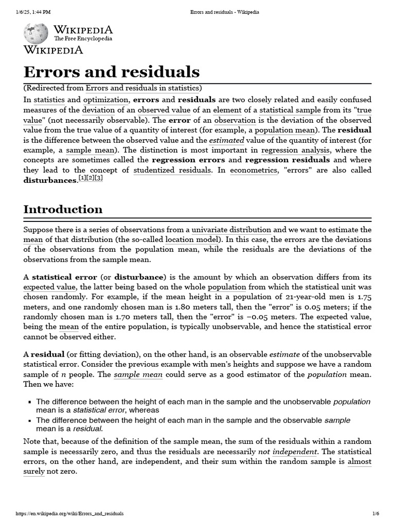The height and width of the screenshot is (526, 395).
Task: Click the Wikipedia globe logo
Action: (x=36, y=33)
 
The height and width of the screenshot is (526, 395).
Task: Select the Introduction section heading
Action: (x=63, y=209)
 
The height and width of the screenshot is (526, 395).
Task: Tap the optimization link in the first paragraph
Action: (x=106, y=99)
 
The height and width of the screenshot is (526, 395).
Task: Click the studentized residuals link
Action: (x=172, y=170)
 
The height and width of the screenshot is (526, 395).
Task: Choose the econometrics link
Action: (x=253, y=170)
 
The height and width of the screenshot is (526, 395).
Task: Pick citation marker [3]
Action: (x=98, y=178)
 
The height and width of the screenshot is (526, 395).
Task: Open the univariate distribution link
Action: (x=231, y=230)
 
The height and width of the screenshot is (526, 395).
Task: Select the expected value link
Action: (x=49, y=287)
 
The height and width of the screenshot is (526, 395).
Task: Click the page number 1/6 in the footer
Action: (x=375, y=514)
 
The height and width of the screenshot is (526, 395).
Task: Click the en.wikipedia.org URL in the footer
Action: (x=70, y=514)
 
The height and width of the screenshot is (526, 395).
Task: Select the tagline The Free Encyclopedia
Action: (x=83, y=39)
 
